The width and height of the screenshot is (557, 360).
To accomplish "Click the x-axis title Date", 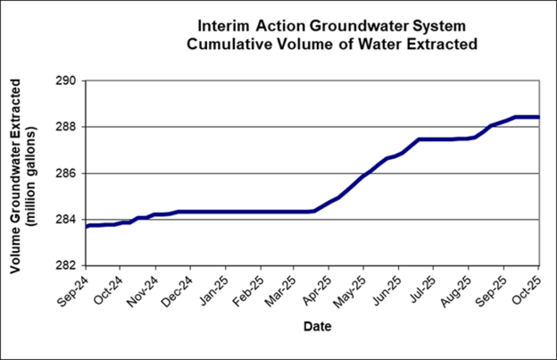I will point(318,327).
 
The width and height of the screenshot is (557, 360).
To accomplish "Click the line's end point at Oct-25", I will point(538,117).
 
